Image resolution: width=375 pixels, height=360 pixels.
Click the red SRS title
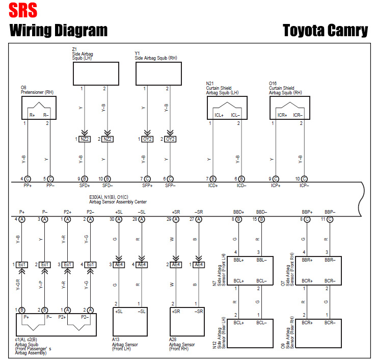pos(23,10)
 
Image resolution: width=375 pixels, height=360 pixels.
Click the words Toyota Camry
pos(325,30)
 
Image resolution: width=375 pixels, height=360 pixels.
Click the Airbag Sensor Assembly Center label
pos(118,202)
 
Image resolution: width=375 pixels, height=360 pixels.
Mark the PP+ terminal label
pos(28,186)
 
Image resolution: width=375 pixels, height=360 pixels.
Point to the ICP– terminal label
pos(304,186)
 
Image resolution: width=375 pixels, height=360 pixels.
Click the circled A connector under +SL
pos(119,219)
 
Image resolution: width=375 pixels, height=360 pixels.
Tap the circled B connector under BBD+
pos(238,219)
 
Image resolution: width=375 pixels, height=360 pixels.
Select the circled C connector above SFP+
pos(147,179)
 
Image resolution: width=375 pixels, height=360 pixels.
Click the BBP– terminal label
pos(330,212)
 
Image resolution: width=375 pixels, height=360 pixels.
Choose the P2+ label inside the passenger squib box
pos(62,317)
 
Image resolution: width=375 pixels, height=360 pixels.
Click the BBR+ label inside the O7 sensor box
pos(307,260)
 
